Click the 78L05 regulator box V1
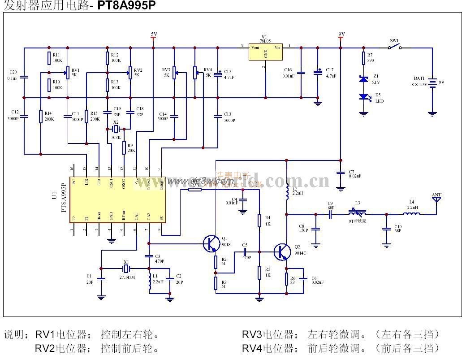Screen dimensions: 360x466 coord(265,52)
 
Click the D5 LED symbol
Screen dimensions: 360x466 coord(364,97)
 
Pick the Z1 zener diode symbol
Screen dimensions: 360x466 coord(364,79)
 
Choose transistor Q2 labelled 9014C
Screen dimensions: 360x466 coord(283,252)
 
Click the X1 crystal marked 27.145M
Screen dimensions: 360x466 coord(126,269)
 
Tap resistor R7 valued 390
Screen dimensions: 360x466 coord(364,59)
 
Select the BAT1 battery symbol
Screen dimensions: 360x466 coord(432,83)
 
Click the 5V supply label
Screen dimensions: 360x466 coord(154,34)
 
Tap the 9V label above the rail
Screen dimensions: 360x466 coord(341,34)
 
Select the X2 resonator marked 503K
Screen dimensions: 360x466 coord(116,130)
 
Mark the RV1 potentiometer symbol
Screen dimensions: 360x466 coord(68,72)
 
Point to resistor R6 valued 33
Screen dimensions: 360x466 coord(287,278)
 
